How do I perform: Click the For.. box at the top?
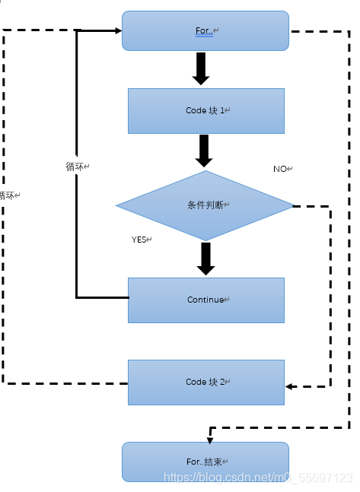point(205,30)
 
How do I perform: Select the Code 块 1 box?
point(205,110)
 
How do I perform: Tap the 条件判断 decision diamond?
point(204,205)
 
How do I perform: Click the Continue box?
point(205,300)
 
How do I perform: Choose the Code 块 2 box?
point(205,382)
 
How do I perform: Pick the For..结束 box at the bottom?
point(205,462)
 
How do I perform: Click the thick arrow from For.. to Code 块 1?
point(202,69)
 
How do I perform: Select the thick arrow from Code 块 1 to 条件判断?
point(204,151)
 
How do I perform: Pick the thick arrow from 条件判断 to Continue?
point(205,259)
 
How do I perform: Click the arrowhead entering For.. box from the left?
point(118,30)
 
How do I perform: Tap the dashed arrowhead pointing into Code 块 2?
point(290,386)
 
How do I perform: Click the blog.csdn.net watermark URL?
point(259,478)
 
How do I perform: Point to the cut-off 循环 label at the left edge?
point(8,195)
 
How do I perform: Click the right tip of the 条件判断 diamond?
point(292,205)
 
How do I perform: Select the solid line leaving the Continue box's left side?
point(103,297)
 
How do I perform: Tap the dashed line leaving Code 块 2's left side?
point(68,383)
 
